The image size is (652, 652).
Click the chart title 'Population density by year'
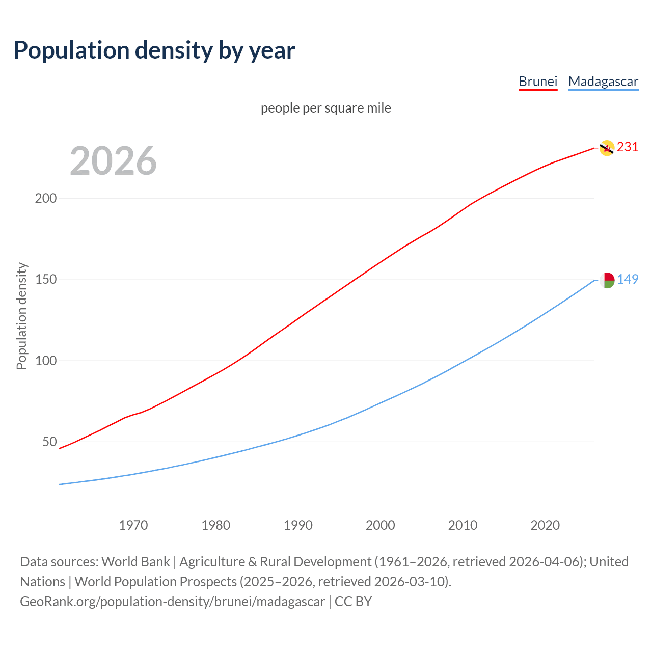pos(154,50)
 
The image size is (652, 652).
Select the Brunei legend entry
pos(538,81)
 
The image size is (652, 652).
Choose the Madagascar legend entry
pos(603,81)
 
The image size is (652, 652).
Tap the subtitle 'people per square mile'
pos(326,108)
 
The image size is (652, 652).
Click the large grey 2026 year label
pos(113,161)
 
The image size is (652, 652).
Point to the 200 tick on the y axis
pos(45,199)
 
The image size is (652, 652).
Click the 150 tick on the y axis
pos(45,280)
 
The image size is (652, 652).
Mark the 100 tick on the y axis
pos(45,361)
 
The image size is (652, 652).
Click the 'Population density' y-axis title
pos(21,316)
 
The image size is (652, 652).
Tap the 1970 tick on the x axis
pos(133,525)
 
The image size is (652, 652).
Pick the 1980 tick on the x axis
pos(216,525)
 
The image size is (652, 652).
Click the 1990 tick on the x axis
pos(298,525)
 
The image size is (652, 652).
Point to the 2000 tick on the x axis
pos(381,525)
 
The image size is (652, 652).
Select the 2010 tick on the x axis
pos(463,525)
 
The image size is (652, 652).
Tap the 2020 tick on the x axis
pos(545,525)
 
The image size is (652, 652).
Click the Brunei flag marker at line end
pos(607,148)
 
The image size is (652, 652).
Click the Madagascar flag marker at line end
pos(607,280)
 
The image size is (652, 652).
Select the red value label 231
pos(628,147)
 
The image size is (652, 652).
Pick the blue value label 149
pos(628,280)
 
